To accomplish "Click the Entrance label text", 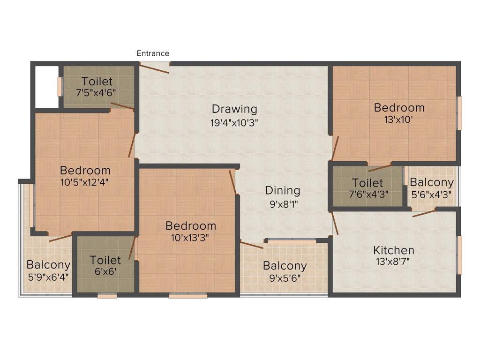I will (153, 53).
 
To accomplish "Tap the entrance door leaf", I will (154, 68).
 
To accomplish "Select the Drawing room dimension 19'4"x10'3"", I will (234, 123).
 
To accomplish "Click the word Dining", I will (282, 190).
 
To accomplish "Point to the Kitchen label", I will (393, 250).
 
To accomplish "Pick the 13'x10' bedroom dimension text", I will (399, 120).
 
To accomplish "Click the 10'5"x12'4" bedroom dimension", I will (85, 182).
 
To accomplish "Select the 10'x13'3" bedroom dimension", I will (190, 237).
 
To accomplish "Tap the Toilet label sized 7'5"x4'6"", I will (97, 81).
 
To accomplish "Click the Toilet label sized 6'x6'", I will (105, 260).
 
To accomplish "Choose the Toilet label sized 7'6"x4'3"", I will (367, 183).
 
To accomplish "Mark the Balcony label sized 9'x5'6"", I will (285, 266).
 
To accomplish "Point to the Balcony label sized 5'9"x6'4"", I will (48, 264).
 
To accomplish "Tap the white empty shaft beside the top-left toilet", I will (47, 87).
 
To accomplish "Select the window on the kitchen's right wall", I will (460, 255).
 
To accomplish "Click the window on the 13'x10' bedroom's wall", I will (460, 113).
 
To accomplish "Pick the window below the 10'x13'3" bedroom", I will (188, 296).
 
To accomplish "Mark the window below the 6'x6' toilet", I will (107, 296).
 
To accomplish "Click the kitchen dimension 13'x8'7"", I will (393, 262).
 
